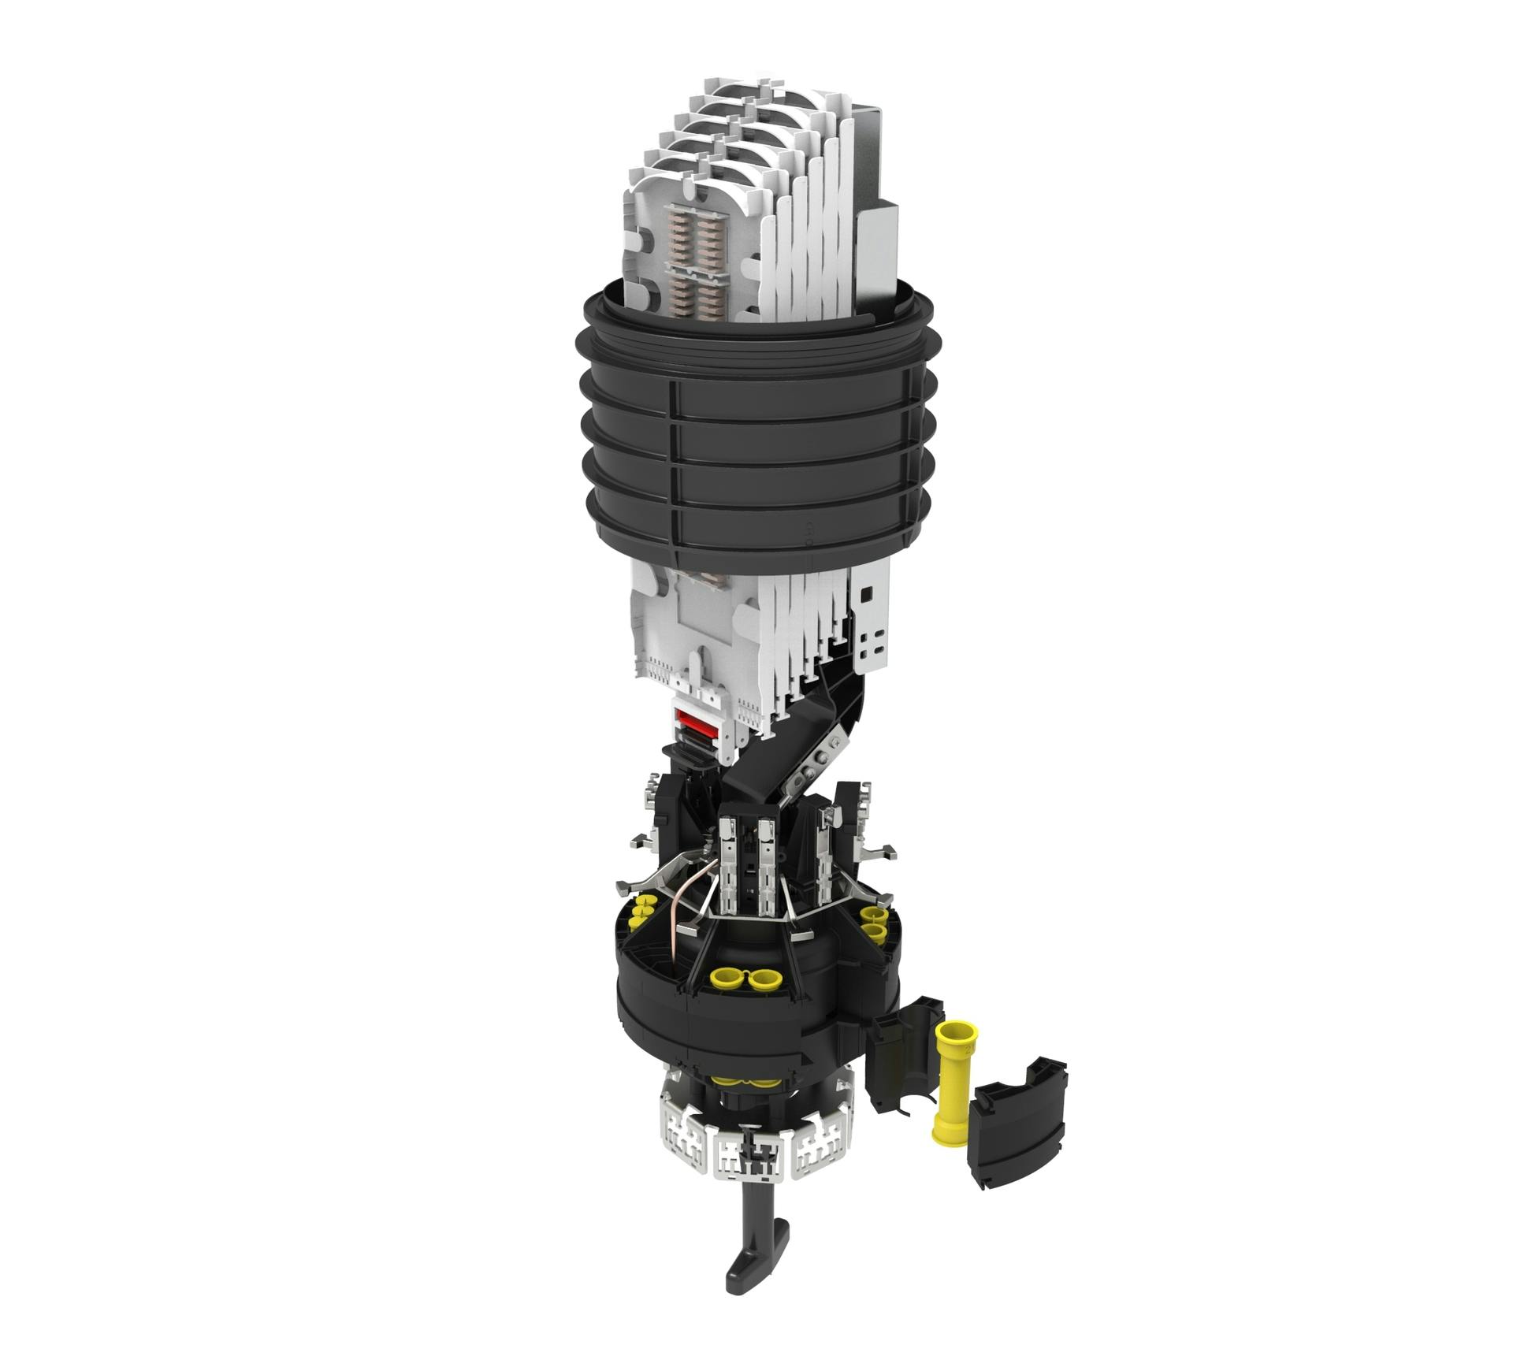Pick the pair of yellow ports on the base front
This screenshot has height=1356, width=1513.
[x=745, y=980]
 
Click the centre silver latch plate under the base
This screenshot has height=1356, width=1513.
[x=748, y=1163]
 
